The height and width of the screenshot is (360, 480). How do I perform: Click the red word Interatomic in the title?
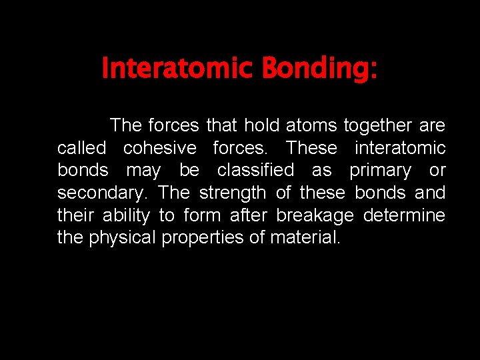177,68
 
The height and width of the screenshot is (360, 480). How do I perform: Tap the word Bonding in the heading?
319,68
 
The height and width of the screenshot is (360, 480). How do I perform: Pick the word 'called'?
81,147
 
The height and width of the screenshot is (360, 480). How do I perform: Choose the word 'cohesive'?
159,147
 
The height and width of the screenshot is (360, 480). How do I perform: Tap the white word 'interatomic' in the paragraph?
400,147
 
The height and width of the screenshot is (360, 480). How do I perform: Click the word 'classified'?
255,170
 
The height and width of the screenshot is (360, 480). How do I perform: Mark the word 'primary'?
380,171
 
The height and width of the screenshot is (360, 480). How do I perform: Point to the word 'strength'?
233,193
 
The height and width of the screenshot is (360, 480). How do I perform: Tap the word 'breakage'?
315,216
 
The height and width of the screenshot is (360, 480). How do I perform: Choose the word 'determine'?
405,215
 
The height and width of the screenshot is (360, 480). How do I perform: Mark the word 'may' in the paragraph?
143,171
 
